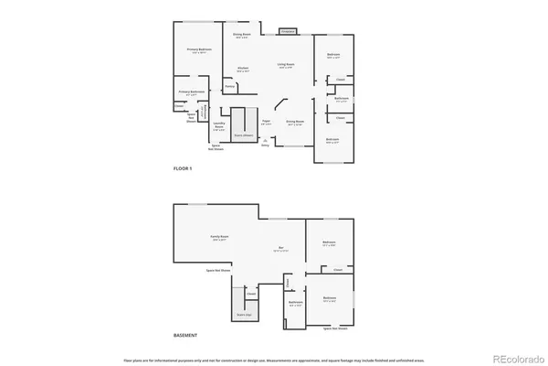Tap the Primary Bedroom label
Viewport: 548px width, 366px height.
coord(199,51)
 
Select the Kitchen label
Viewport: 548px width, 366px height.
coord(244,70)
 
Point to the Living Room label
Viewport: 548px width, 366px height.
coord(286,66)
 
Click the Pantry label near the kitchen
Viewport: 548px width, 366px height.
coord(230,88)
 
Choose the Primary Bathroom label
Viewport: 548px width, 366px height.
coord(192,92)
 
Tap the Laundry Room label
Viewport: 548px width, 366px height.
coord(218,126)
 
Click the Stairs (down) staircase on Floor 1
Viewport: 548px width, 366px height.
coord(244,123)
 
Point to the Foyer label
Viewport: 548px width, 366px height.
coord(267,122)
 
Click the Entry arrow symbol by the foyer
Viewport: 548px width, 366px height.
coord(265,140)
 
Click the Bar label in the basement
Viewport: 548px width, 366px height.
coord(281,249)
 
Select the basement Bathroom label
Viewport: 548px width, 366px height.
coord(295,303)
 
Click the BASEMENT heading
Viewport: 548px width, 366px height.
coord(186,336)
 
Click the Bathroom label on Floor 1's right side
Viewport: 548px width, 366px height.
coord(340,98)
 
